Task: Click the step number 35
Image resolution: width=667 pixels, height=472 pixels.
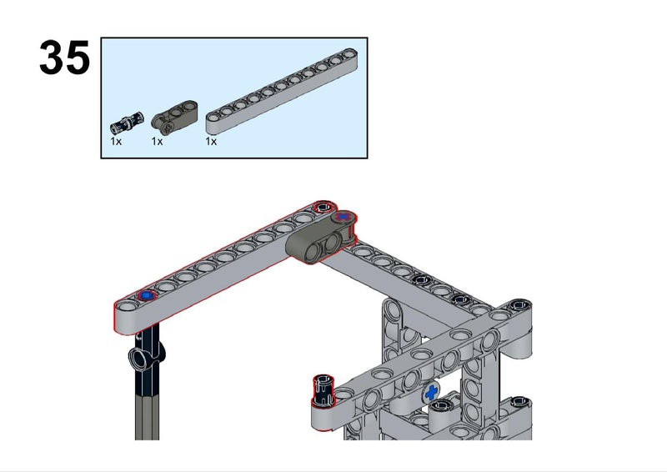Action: point(65,58)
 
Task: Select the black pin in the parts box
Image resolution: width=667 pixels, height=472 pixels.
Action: point(127,122)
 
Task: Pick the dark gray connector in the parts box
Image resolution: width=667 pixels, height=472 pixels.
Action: point(174,115)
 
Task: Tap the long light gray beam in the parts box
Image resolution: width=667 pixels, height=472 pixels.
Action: point(282,91)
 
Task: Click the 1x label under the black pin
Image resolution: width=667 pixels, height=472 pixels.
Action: point(116,141)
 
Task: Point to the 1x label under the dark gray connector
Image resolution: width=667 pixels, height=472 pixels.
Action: point(157,141)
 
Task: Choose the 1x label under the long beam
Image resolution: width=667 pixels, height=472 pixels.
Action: point(211,141)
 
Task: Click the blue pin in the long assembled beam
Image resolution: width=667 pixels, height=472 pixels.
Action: point(148,295)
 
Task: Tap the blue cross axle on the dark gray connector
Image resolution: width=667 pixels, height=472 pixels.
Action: point(343,217)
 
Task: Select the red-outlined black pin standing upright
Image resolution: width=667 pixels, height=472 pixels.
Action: point(323,391)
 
